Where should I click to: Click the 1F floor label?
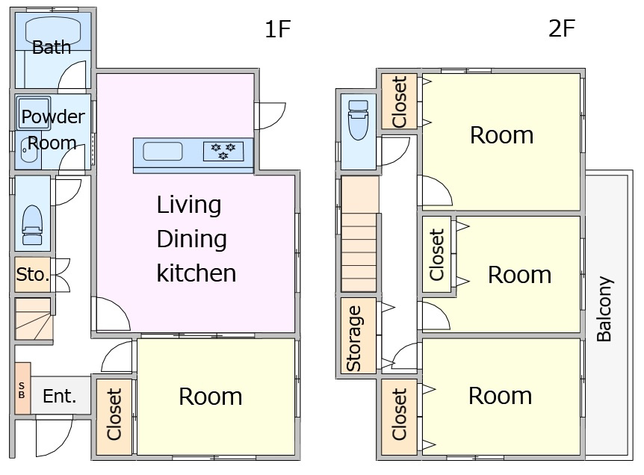(x=278, y=29)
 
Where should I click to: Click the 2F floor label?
(x=562, y=28)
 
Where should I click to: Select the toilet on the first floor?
(x=32, y=225)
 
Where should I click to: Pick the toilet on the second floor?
(x=358, y=119)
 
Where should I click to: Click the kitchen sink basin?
(x=163, y=152)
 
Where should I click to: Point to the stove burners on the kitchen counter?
(x=223, y=151)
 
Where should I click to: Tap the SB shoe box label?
(x=22, y=390)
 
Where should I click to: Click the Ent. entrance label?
(x=60, y=396)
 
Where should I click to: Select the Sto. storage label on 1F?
(x=32, y=274)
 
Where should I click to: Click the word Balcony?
(x=604, y=309)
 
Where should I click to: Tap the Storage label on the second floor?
(x=353, y=338)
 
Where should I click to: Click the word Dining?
(x=191, y=239)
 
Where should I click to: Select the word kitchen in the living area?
(x=196, y=273)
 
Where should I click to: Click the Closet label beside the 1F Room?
(x=114, y=415)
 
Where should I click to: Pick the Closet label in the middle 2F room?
(x=437, y=255)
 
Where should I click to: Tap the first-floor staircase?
(x=34, y=319)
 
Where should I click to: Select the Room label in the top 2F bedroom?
(x=501, y=135)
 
